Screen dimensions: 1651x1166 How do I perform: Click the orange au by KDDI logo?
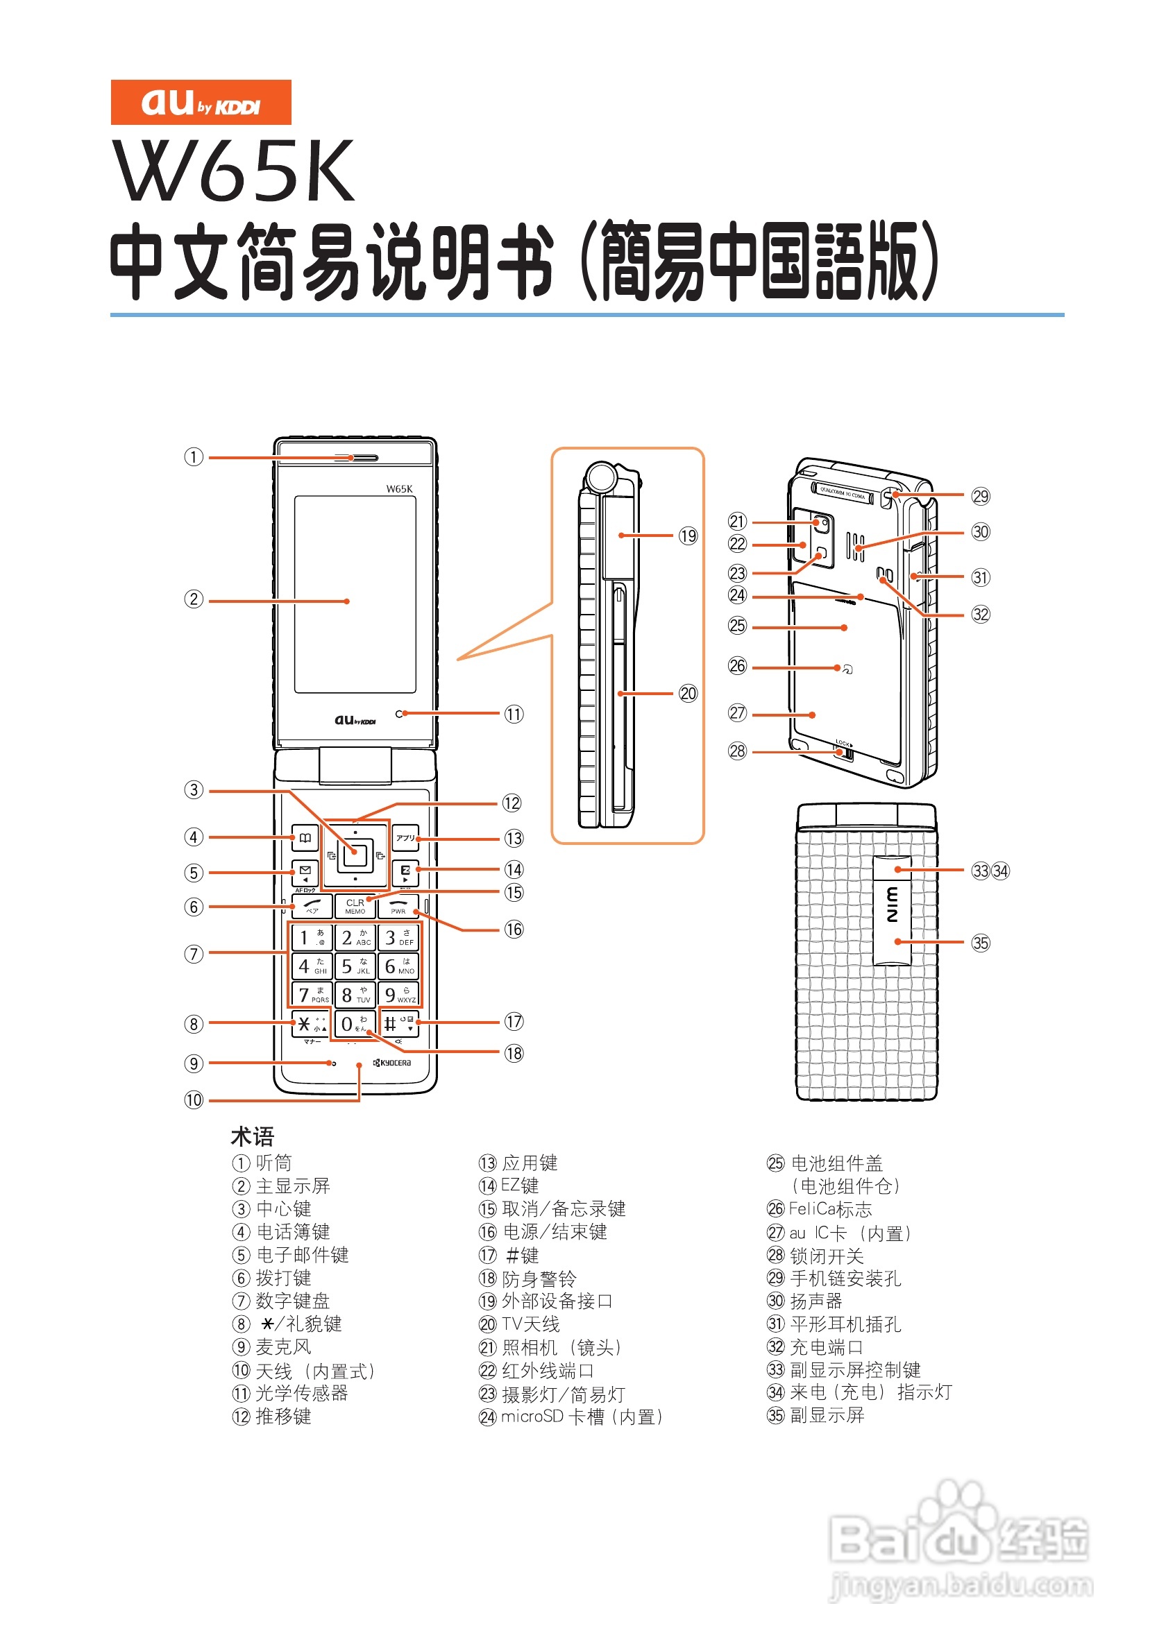pos(201,102)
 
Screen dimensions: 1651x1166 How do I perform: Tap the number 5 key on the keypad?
pos(355,966)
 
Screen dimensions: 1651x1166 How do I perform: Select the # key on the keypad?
pos(398,1024)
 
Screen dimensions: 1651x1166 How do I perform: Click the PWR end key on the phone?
pos(398,906)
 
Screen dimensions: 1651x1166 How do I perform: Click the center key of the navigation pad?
pos(355,855)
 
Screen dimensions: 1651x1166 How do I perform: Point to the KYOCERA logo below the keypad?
pos(392,1063)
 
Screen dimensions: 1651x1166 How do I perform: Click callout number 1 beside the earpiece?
pos(194,457)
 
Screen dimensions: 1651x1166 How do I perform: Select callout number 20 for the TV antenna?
pos(688,694)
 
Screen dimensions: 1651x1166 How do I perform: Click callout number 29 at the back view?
pos(981,496)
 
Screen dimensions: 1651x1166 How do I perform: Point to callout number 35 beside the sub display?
pos(981,943)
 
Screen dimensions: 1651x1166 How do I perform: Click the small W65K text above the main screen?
pos(399,489)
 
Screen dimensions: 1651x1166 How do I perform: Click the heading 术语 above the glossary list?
pos(252,1137)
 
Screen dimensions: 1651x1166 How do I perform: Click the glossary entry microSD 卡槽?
pos(572,1417)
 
